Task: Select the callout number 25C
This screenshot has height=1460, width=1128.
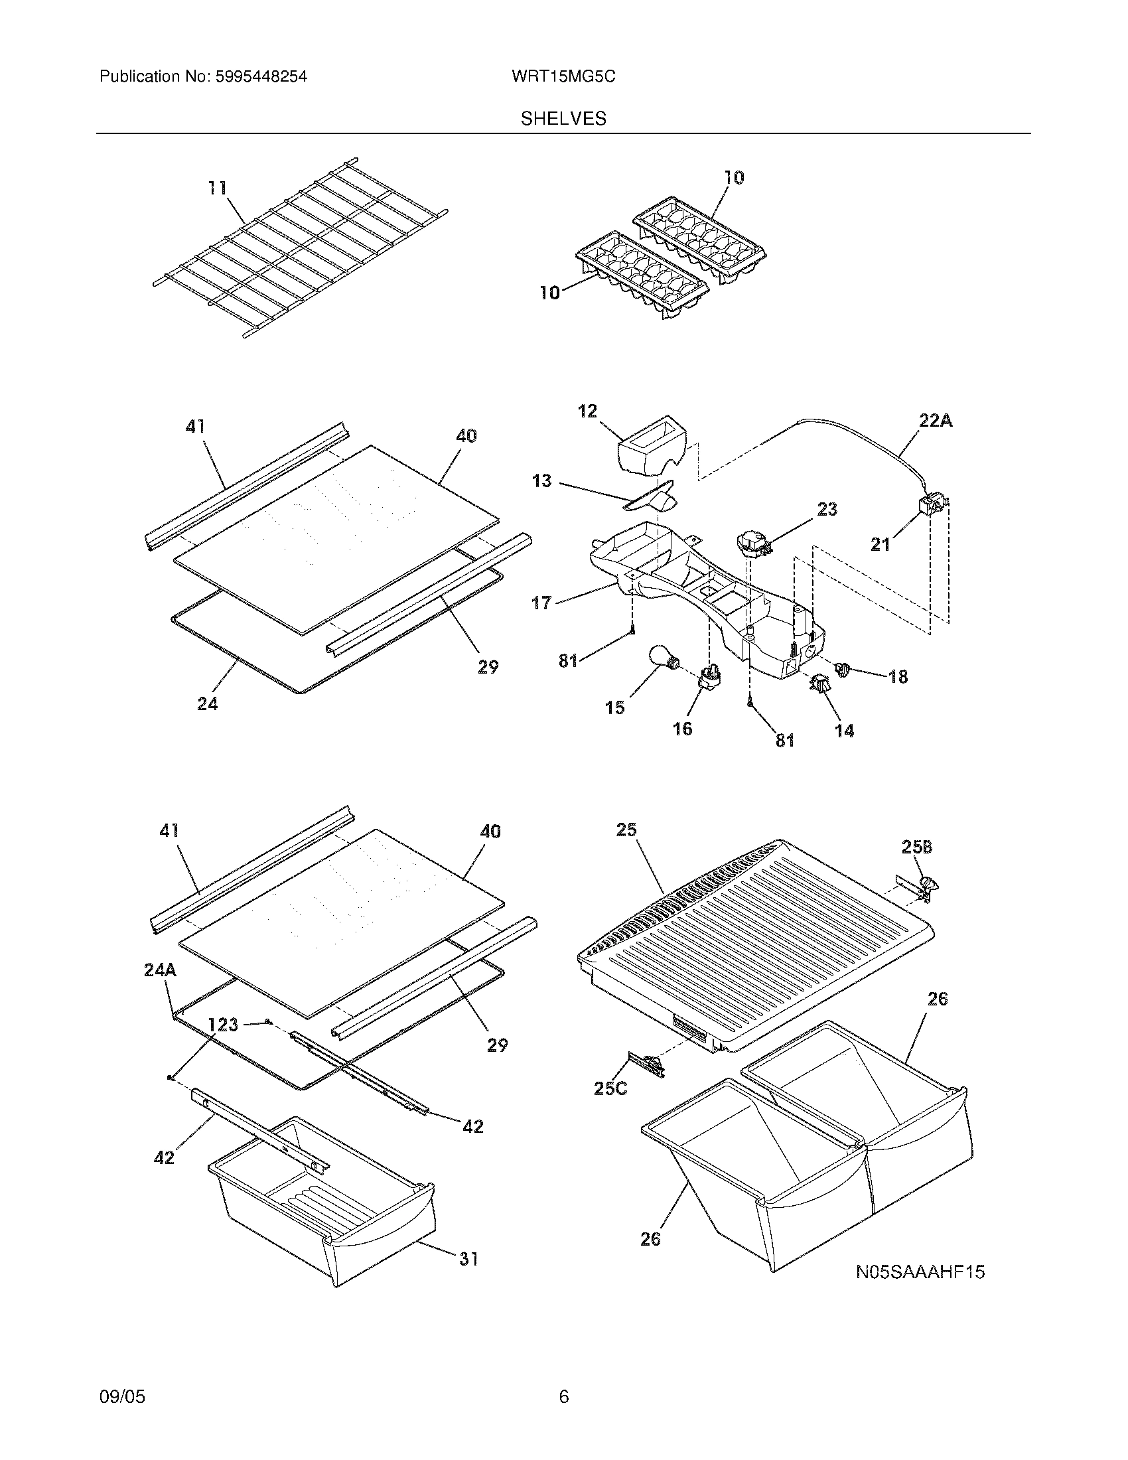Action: (610, 1088)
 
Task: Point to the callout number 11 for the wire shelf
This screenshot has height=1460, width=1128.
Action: (216, 188)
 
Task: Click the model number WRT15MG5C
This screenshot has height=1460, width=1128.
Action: (563, 77)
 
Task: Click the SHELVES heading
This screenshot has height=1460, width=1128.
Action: (563, 119)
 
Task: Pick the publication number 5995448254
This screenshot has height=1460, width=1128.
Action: (261, 77)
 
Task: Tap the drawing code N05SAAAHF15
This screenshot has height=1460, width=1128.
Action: (920, 1272)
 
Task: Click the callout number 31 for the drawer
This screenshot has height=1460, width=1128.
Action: (468, 1259)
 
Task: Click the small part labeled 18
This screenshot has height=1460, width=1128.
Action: (841, 667)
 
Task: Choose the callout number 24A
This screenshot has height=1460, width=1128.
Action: (160, 970)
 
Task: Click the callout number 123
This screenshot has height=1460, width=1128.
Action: (222, 1023)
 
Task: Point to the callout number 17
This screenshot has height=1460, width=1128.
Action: (541, 603)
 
